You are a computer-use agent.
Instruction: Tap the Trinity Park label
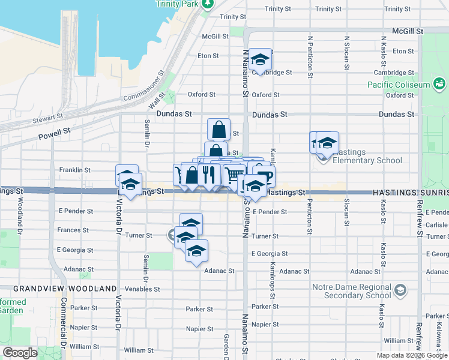point(176,4)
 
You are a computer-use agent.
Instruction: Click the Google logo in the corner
point(20,353)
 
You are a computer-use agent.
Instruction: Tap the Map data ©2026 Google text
point(412,355)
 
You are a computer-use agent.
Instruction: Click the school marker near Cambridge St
point(260,59)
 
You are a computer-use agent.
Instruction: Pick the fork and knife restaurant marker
point(208,174)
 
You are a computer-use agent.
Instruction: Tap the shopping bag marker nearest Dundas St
point(219,128)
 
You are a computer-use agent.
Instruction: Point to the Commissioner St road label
point(143,88)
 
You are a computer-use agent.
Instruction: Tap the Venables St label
point(143,289)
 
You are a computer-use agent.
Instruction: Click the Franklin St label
point(74,170)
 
